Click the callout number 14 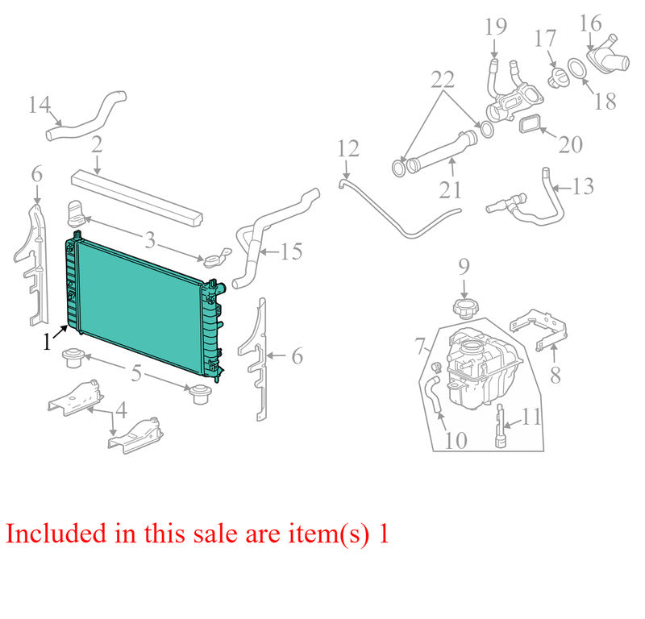point(40,105)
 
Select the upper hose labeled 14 point(85,116)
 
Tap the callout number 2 point(97,145)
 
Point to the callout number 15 point(291,251)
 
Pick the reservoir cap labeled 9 point(464,309)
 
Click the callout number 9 point(464,267)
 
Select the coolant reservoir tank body point(483,368)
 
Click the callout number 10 point(456,441)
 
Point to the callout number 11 point(531,417)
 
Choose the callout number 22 point(443,79)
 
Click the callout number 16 point(591,23)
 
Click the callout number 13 point(583,186)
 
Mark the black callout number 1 point(47,342)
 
